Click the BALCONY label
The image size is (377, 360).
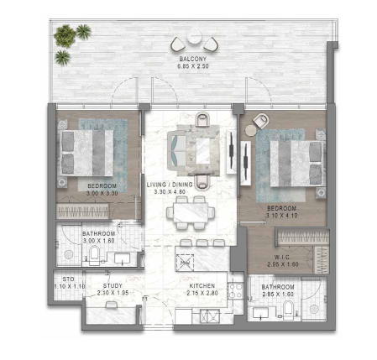tap(193, 59)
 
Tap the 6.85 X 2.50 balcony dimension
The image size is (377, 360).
tap(193, 66)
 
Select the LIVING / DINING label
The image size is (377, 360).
tap(170, 185)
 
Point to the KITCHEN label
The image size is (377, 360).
tap(202, 286)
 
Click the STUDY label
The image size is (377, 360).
tap(113, 286)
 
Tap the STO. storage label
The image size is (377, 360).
tap(69, 279)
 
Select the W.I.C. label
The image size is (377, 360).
tap(282, 257)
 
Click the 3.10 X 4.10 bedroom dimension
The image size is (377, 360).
tap(281, 216)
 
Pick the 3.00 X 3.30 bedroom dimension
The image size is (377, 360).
tap(102, 193)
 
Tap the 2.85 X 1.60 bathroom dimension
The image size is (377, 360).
tap(278, 295)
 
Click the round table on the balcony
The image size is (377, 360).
tap(194, 37)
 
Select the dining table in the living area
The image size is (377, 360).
tap(191, 212)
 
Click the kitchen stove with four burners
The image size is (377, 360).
tap(235, 291)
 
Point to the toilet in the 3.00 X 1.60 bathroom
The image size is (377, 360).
tap(94, 255)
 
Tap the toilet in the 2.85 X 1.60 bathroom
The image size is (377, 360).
tap(288, 310)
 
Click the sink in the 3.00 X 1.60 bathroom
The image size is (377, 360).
tap(122, 258)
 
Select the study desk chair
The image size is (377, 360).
tap(112, 305)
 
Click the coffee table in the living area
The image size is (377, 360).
tap(203, 151)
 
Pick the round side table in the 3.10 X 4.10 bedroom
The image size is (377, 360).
tap(250, 130)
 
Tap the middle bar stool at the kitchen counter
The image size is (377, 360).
tap(202, 243)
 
